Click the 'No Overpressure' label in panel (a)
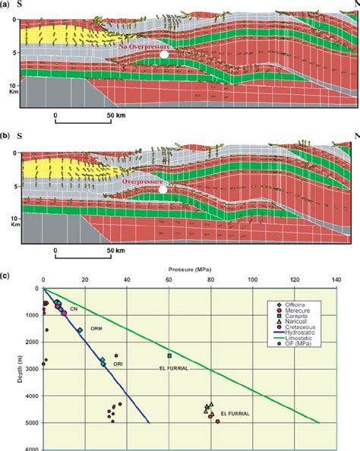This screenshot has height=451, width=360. click(x=144, y=47)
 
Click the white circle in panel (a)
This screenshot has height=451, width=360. click(x=163, y=55)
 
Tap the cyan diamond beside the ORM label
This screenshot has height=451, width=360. click(x=80, y=330)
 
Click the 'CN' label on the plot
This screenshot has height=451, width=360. click(x=74, y=309)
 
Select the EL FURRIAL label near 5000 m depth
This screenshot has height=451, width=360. click(x=234, y=414)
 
